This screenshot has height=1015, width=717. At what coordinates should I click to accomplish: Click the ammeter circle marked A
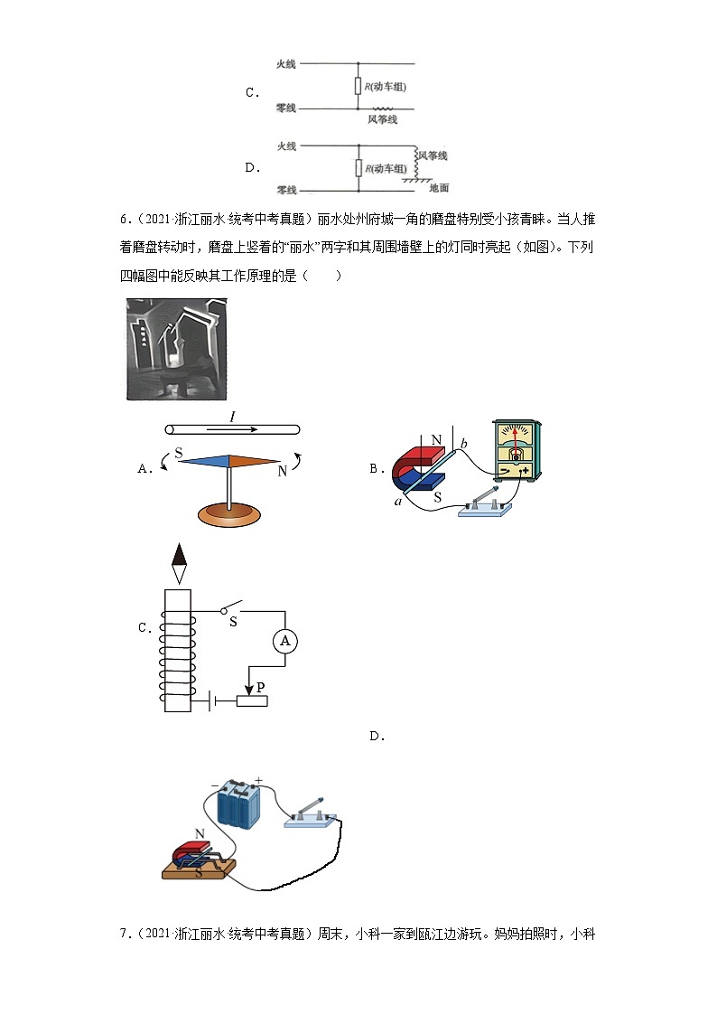tap(285, 641)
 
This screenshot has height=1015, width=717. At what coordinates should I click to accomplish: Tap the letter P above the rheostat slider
tap(260, 688)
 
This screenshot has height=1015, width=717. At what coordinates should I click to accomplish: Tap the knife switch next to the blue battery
tap(312, 813)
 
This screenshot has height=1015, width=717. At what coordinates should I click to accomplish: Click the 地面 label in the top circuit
tap(439, 188)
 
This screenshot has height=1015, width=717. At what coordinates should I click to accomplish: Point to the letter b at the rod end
tap(464, 443)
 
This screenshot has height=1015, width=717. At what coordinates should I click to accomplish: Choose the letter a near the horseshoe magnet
tap(397, 500)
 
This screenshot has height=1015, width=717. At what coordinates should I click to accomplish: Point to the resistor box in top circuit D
tap(358, 168)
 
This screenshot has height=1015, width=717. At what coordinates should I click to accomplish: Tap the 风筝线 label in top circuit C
tap(382, 119)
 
